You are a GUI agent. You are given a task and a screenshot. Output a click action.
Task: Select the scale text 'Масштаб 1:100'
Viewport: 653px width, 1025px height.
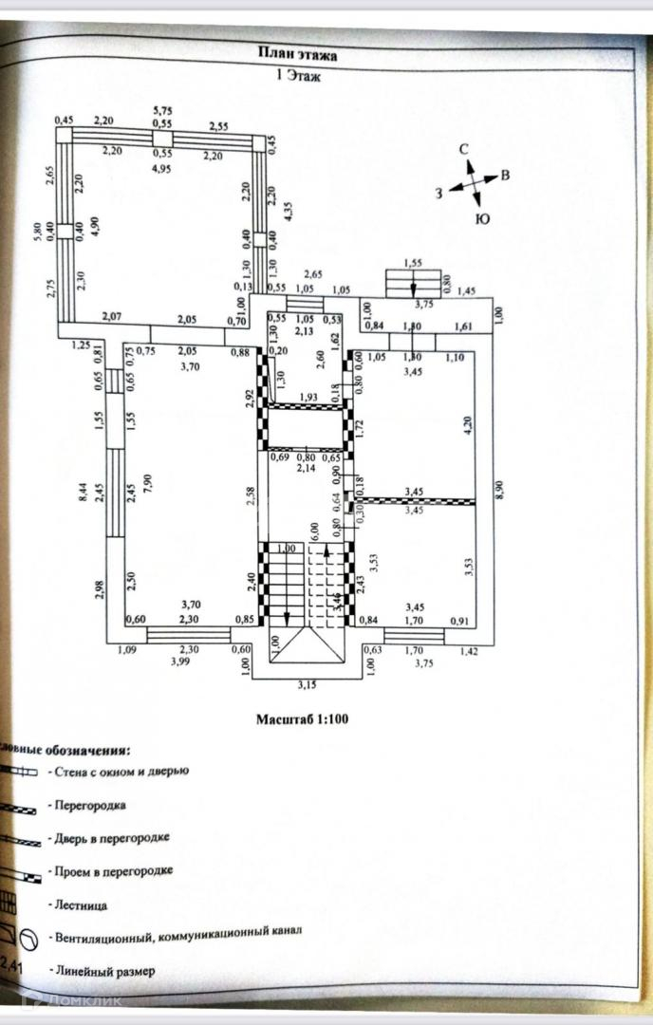pos(302,718)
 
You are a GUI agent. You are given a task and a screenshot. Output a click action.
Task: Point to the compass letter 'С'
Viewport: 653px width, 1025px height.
pos(465,150)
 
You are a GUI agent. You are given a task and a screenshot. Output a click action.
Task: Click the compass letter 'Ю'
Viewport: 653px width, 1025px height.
pos(481,219)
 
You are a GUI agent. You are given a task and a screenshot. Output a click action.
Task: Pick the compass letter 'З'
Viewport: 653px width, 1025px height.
pos(439,193)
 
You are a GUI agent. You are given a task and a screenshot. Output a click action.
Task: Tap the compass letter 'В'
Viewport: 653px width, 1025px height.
pos(506,176)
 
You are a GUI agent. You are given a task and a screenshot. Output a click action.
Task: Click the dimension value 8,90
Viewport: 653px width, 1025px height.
pos(500,489)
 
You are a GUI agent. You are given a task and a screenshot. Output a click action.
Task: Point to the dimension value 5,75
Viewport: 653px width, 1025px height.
pos(162,111)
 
